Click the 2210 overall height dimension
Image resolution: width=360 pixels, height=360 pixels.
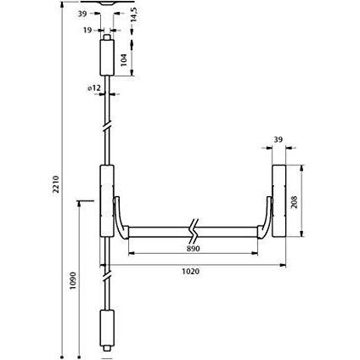coord(56,184)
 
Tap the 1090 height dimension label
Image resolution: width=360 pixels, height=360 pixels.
coord(73,280)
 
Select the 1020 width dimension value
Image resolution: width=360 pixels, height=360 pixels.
coord(190,272)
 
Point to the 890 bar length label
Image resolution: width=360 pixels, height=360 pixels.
coord(194,249)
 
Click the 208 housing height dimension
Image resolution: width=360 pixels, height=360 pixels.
coord(295,202)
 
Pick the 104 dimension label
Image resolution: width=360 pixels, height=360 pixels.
coord(124,59)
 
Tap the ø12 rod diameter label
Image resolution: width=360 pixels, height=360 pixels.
coord(94,88)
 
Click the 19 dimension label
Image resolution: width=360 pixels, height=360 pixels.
coord(87,30)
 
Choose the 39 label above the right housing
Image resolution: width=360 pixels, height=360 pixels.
coord(278,139)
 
